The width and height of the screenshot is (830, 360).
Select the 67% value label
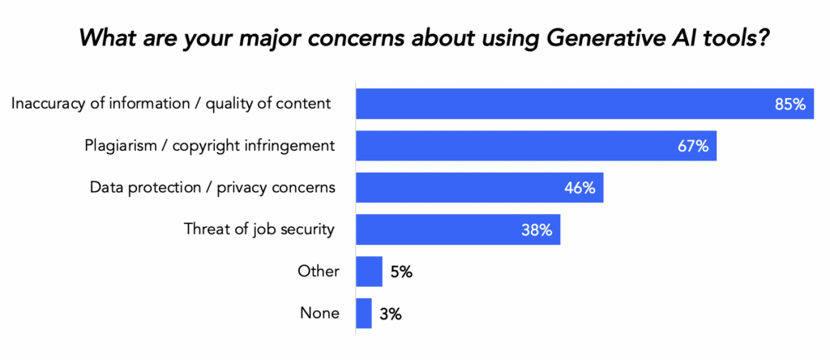click(x=693, y=146)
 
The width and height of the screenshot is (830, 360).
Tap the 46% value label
click(x=580, y=188)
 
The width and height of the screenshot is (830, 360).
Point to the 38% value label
click(x=537, y=230)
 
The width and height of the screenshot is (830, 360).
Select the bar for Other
click(x=369, y=272)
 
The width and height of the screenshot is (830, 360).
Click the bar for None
click(x=364, y=314)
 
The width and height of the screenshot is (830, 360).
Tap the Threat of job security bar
click(x=458, y=230)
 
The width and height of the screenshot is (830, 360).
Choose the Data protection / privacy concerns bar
click(x=479, y=188)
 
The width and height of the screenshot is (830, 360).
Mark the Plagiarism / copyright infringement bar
click(x=536, y=146)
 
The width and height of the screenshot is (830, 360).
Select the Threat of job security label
click(x=259, y=229)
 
